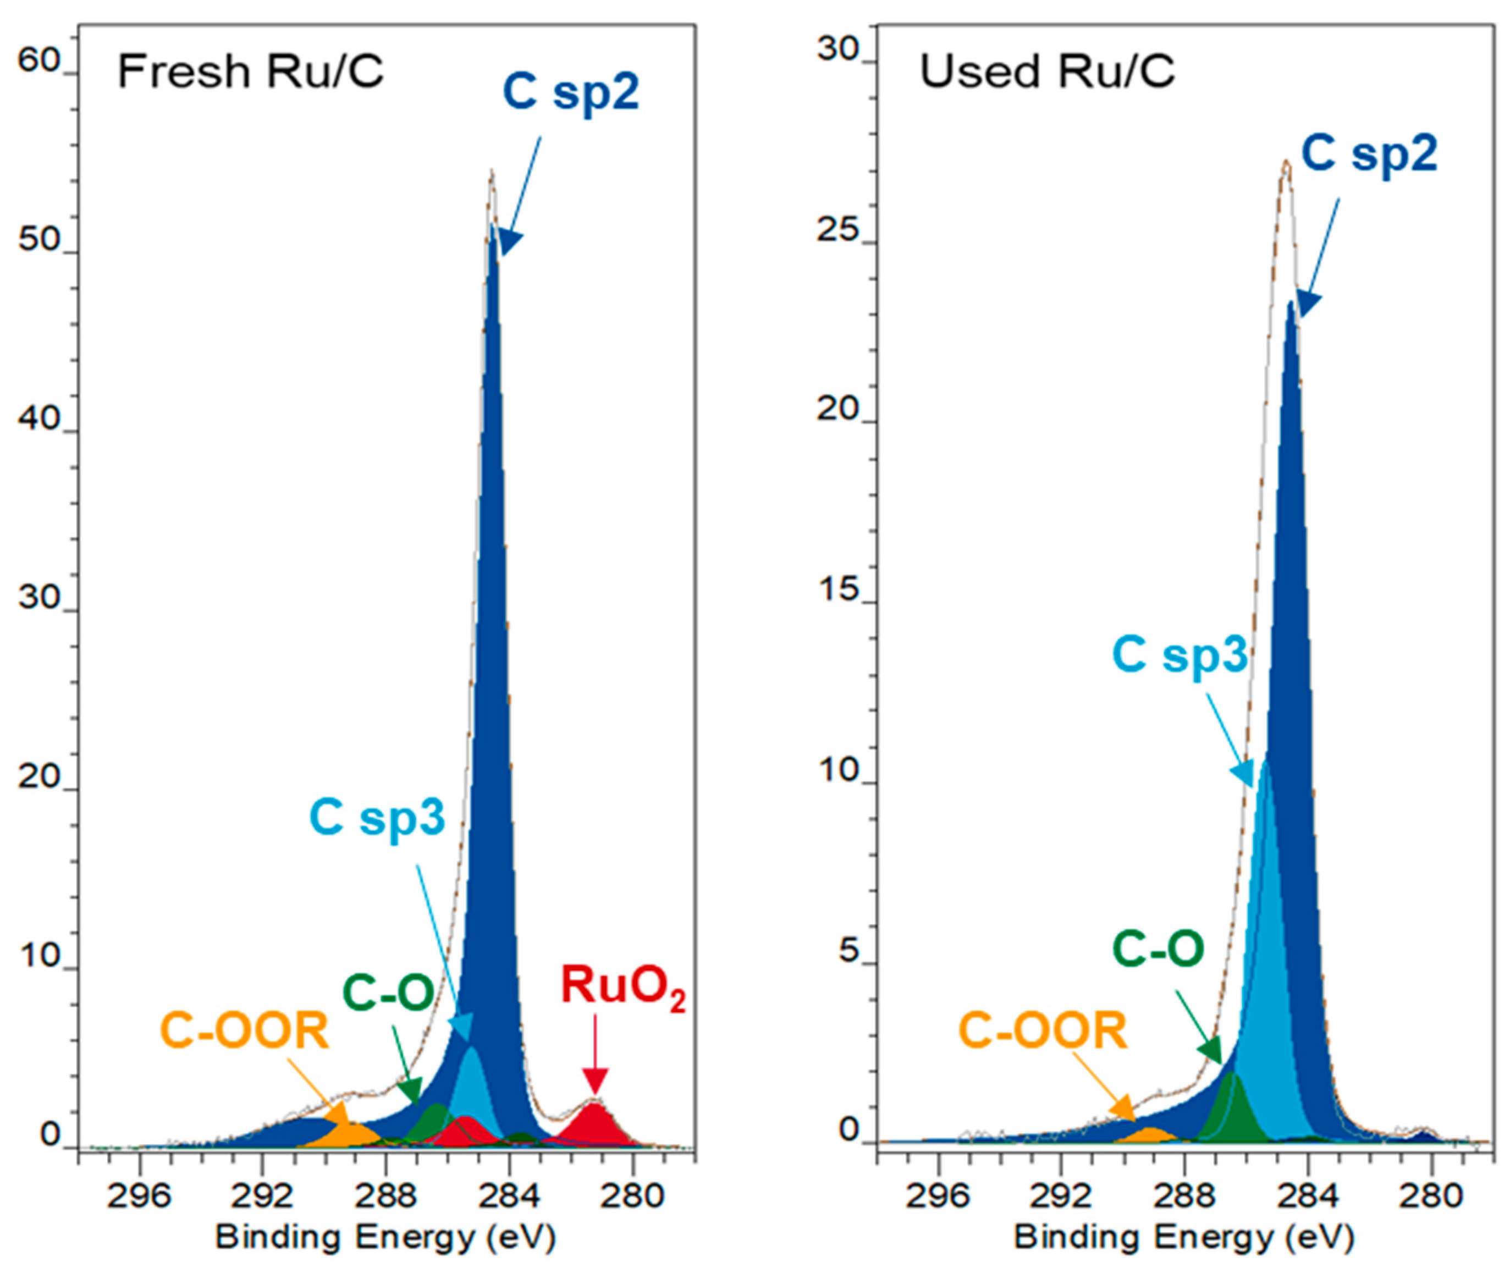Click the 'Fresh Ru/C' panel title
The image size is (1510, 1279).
pyautogui.click(x=250, y=73)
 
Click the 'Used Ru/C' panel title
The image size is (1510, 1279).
pyautogui.click(x=1047, y=73)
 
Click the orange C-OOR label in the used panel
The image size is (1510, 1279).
pyautogui.click(x=1043, y=1031)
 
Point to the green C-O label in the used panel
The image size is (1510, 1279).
pyautogui.click(x=1158, y=949)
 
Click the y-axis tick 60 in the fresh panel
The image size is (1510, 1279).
pyautogui.click(x=40, y=61)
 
